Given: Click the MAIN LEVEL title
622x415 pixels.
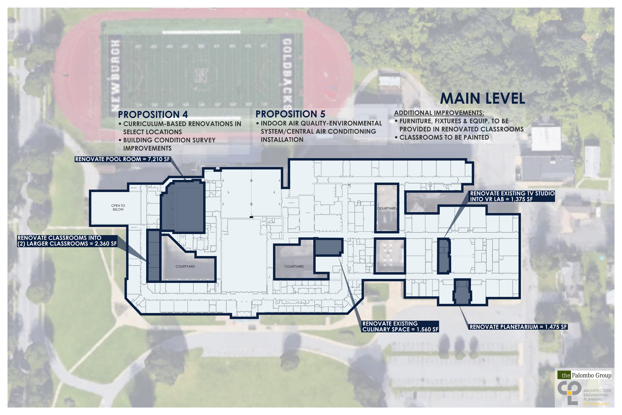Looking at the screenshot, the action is click(x=483, y=98).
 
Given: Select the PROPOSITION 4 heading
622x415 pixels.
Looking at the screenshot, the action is click(x=153, y=115).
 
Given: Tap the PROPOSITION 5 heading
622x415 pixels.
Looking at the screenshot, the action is click(x=290, y=114).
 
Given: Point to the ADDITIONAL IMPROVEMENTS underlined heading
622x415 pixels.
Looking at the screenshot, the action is click(x=439, y=113).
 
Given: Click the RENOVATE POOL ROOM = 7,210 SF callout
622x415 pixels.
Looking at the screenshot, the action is click(x=123, y=159).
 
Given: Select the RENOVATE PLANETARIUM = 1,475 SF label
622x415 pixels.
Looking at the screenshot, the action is click(x=518, y=327).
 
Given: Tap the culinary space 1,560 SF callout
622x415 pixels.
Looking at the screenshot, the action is click(x=400, y=326).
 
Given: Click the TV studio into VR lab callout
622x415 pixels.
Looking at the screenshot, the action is click(x=512, y=196).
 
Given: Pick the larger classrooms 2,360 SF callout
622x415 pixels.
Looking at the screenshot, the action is click(x=67, y=241).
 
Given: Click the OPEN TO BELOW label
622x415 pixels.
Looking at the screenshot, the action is click(x=118, y=207).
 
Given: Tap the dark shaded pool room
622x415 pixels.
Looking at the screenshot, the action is click(x=183, y=206).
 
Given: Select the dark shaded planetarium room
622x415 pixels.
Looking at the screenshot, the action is click(x=462, y=292).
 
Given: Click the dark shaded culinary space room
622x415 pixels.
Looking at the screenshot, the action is click(x=328, y=247).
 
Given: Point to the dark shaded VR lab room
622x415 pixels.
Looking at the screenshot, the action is click(x=444, y=256).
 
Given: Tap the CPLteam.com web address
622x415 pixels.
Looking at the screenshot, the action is click(x=596, y=404).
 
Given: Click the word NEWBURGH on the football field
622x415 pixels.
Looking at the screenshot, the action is click(x=115, y=75).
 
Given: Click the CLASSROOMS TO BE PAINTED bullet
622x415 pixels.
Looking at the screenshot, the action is click(x=442, y=137).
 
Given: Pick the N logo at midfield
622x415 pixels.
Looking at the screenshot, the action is click(x=201, y=75).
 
